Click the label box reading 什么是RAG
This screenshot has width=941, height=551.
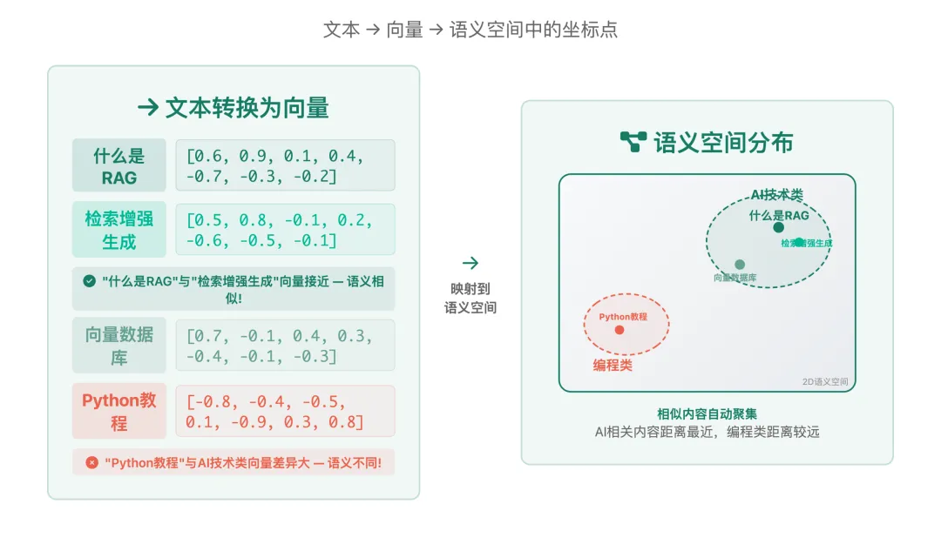pos(119,165)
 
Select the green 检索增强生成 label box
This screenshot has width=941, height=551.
pos(119,230)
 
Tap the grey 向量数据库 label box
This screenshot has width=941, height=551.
pos(119,346)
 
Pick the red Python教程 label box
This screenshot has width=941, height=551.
pos(119,412)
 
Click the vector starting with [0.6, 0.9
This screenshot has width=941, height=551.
pos(285,165)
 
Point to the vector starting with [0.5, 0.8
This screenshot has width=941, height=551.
pos(285,230)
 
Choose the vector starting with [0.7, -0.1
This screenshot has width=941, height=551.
pos(285,346)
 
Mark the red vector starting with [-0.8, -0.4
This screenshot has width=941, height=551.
pos(285,412)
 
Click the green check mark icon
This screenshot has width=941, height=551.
pos(89,281)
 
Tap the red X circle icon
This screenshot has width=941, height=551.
pos(91,462)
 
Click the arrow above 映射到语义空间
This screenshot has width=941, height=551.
pos(470,263)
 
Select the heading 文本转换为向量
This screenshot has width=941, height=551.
pos(234,108)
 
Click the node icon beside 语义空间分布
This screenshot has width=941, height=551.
pos(633,142)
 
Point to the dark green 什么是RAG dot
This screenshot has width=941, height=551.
pos(778,227)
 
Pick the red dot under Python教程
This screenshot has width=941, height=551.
pos(619,330)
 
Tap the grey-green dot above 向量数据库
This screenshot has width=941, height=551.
pos(740,265)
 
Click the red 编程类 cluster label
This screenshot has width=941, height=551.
pos(613,366)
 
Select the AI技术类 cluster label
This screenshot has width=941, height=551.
pos(777,195)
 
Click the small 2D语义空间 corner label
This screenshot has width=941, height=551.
pos(824,381)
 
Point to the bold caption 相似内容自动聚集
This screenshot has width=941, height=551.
pos(707,414)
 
